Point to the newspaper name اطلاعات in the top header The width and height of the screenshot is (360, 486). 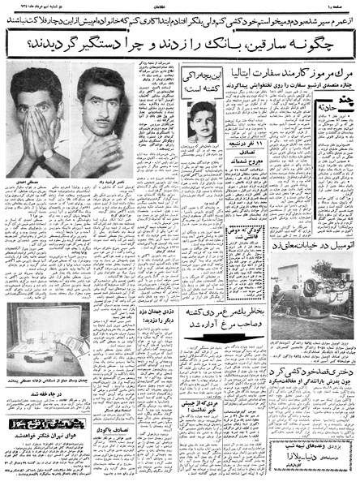[183, 6]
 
